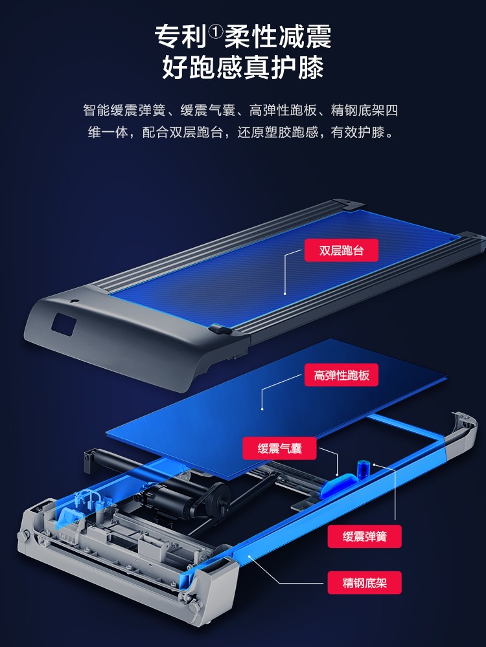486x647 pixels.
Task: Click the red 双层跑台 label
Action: [341, 250]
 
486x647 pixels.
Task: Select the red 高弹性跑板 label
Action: [341, 375]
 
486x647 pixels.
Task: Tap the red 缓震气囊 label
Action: [279, 448]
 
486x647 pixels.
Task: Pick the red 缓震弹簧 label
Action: [364, 536]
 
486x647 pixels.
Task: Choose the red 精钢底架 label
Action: [364, 583]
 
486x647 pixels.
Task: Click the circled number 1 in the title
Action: [215, 30]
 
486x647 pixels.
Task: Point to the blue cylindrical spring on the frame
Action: [363, 470]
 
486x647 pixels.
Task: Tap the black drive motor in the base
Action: [186, 500]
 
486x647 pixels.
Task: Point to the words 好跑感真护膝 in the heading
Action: [243, 67]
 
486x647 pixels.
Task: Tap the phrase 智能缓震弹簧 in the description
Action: [124, 111]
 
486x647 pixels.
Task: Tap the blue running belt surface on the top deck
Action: [285, 269]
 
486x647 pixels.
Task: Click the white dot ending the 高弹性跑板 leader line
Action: [262, 409]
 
